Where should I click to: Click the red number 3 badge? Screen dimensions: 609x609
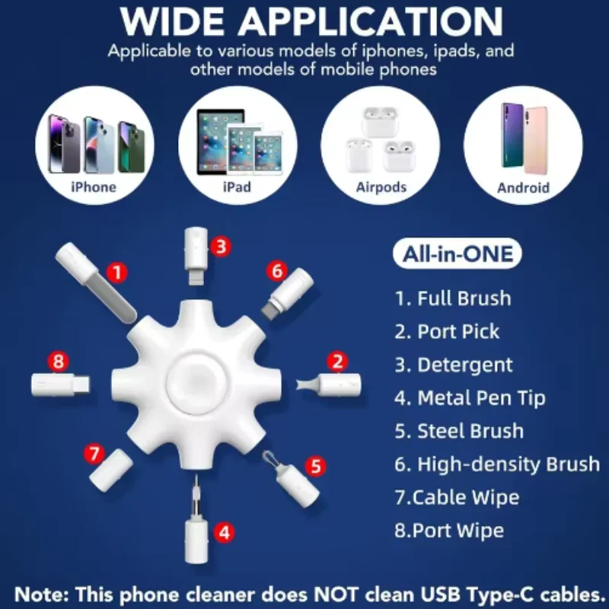pos(221,246)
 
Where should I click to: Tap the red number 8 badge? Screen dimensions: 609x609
pos(59,361)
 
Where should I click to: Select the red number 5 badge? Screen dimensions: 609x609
pos(315,466)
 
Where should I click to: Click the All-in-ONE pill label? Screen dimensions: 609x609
pos(458,253)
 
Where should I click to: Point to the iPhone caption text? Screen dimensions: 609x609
pos(94,187)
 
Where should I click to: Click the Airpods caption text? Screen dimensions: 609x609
pos(381,187)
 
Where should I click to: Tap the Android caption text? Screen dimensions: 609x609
pos(523,188)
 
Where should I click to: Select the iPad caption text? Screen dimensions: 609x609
pos(237,187)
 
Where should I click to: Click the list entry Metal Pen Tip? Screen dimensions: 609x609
pos(470,398)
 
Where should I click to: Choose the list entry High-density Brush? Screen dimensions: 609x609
pos(497,464)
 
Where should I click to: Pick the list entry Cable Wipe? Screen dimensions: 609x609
pos(457,498)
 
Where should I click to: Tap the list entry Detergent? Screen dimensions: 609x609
pos(454,365)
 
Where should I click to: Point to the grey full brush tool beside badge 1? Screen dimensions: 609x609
pos(96,282)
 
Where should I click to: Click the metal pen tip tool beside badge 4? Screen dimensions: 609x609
pos(196,519)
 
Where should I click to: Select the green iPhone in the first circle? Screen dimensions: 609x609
pos(131,147)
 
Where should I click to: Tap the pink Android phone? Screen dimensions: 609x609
pos(536,141)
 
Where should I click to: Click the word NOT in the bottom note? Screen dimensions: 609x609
pos(335,595)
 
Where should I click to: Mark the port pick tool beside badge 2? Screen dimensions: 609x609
pos(329,385)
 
